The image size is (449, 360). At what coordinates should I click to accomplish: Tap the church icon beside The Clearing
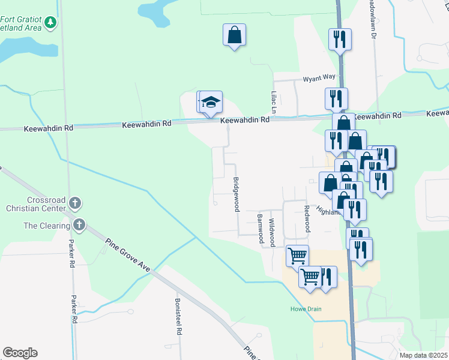click(x=79, y=226)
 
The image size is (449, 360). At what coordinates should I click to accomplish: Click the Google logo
click(x=20, y=353)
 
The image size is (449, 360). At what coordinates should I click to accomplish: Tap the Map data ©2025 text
click(x=424, y=355)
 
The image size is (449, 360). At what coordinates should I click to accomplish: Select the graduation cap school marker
click(x=211, y=103)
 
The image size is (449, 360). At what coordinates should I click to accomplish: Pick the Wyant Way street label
click(x=319, y=77)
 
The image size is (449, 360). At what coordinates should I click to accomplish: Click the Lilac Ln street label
click(x=273, y=102)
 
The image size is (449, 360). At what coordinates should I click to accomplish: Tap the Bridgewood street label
click(x=237, y=194)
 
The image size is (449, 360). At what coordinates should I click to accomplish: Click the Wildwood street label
click(x=271, y=232)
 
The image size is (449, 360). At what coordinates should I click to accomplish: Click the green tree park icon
click(x=51, y=23)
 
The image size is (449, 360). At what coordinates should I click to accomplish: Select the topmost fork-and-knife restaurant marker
click(x=340, y=40)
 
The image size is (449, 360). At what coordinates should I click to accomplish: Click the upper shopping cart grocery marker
click(x=297, y=256)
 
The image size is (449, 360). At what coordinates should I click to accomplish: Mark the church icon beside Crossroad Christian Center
click(x=74, y=203)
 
